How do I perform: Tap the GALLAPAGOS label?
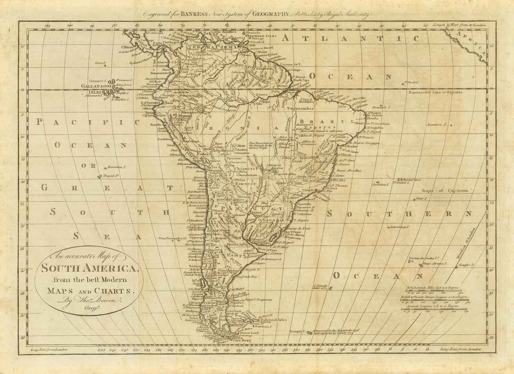(95, 86)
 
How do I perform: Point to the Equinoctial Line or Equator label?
(435, 92)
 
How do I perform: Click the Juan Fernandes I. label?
(173, 238)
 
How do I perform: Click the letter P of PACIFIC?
(39, 122)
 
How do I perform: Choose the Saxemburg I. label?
(399, 227)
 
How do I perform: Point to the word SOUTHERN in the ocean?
(399, 214)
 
